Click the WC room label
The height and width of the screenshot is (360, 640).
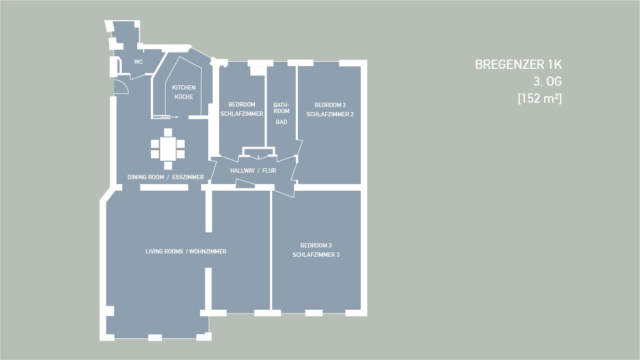[x=138, y=62]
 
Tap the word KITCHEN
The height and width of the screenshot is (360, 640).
[x=184, y=87]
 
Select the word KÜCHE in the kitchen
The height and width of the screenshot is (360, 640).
[x=184, y=97]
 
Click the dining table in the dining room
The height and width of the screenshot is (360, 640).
[x=168, y=149]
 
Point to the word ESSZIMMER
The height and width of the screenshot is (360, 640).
[x=188, y=177]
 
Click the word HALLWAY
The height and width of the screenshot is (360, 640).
[x=243, y=170]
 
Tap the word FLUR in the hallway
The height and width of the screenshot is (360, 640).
[x=269, y=170]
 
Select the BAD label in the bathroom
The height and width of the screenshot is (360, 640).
[x=281, y=122]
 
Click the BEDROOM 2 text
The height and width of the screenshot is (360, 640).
[x=330, y=105]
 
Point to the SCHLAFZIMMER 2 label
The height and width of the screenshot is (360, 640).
[x=330, y=114]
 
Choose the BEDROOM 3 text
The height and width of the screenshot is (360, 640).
[x=316, y=245]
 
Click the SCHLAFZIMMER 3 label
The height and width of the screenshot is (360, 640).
[x=316, y=255]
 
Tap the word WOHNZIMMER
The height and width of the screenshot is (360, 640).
[x=208, y=251]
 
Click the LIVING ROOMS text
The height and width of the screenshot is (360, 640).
[x=164, y=251]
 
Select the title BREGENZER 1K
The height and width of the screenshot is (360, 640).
[x=518, y=64]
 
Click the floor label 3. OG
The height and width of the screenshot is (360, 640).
[x=547, y=81]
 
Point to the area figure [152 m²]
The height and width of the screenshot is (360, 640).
[x=539, y=98]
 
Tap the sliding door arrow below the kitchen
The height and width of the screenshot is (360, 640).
[x=165, y=117]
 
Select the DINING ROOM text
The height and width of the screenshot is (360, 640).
[x=145, y=177]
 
